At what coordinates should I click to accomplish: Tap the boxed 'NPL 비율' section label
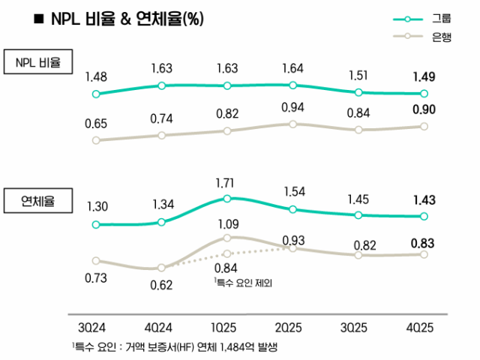(x=37, y=63)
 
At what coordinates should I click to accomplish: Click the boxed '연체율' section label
(x=37, y=201)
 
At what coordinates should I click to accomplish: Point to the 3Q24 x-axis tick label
(x=95, y=328)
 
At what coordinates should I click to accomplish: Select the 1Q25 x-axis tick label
(x=227, y=328)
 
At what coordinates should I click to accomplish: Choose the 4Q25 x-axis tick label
(x=424, y=328)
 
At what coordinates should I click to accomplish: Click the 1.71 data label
(x=227, y=183)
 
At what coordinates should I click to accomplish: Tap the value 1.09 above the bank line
(x=227, y=223)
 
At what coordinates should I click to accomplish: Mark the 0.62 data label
(x=161, y=285)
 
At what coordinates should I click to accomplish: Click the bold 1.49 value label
(x=424, y=76)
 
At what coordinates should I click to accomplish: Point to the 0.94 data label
(x=292, y=108)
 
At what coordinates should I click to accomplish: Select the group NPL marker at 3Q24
(x=95, y=94)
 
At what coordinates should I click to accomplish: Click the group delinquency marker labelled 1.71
(x=227, y=198)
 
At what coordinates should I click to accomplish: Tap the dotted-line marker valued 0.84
(x=227, y=253)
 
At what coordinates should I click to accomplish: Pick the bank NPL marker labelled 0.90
(x=424, y=126)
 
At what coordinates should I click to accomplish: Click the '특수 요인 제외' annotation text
(x=243, y=282)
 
